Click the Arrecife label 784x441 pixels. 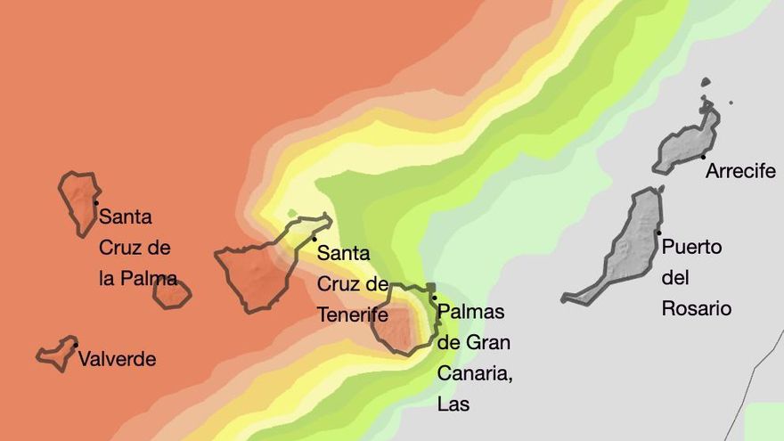740,171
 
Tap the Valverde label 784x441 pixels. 117,359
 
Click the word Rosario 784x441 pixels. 697,308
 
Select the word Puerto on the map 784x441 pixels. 691,247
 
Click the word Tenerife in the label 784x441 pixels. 353,314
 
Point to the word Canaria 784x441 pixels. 474,372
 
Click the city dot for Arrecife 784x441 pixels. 703,157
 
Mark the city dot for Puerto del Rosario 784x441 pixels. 658,233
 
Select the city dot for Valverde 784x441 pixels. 76,345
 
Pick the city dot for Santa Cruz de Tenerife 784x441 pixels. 314,239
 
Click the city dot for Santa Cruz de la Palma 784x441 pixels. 95,202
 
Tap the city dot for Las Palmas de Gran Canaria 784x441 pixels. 434,298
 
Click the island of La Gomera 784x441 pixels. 171,293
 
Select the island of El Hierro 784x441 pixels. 56,354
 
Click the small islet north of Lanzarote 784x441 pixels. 706,83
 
